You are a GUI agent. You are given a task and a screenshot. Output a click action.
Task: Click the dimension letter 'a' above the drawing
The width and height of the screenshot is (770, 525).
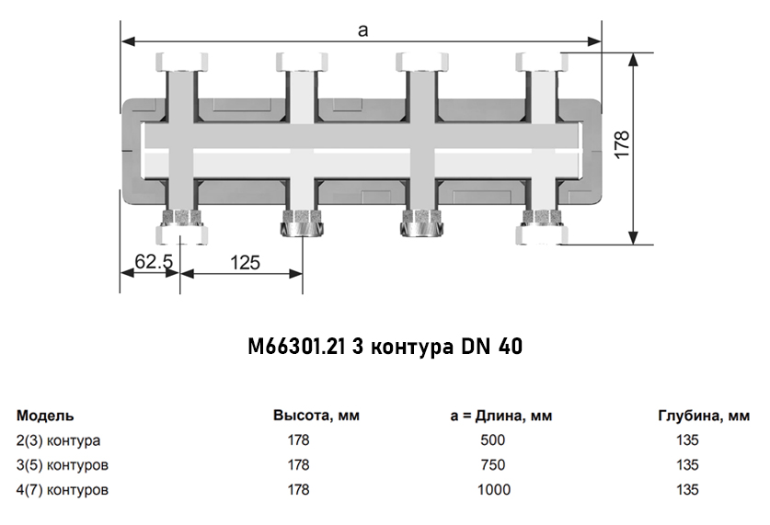coord(362,30)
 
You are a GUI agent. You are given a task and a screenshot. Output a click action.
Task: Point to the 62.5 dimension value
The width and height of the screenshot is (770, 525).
coord(154,262)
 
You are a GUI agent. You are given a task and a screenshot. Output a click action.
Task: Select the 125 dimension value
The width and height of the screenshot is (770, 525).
coord(244,262)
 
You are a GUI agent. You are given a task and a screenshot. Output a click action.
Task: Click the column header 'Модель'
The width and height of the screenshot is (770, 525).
coord(45,416)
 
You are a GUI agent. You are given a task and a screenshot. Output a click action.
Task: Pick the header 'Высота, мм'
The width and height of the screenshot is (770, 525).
coord(316,416)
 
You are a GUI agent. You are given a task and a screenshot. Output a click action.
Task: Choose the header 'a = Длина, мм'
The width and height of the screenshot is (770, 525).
coord(501,416)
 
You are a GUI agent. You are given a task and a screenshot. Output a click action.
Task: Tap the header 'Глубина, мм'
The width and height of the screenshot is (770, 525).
coord(704,416)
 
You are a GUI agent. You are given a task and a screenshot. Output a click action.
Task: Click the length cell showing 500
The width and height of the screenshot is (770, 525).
coord(492,440)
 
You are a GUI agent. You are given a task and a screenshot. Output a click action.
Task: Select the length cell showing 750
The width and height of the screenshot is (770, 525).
coord(492,465)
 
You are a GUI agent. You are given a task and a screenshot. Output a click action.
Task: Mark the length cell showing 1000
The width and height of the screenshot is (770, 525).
coord(493,490)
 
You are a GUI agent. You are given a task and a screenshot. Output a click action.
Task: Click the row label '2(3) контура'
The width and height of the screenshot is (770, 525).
coord(59,440)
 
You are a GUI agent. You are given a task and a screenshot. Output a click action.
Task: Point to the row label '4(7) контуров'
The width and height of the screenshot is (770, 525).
coord(63,490)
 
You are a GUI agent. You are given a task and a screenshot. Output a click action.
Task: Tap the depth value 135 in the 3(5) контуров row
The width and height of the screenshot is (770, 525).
coord(687,465)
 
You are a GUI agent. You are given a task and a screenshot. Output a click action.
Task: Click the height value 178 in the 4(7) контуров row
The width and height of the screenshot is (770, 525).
coord(298,490)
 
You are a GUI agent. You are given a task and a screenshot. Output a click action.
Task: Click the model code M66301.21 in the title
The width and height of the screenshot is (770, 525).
coord(296,347)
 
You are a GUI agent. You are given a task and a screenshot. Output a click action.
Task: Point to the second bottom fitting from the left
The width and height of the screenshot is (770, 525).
coord(301,224)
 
